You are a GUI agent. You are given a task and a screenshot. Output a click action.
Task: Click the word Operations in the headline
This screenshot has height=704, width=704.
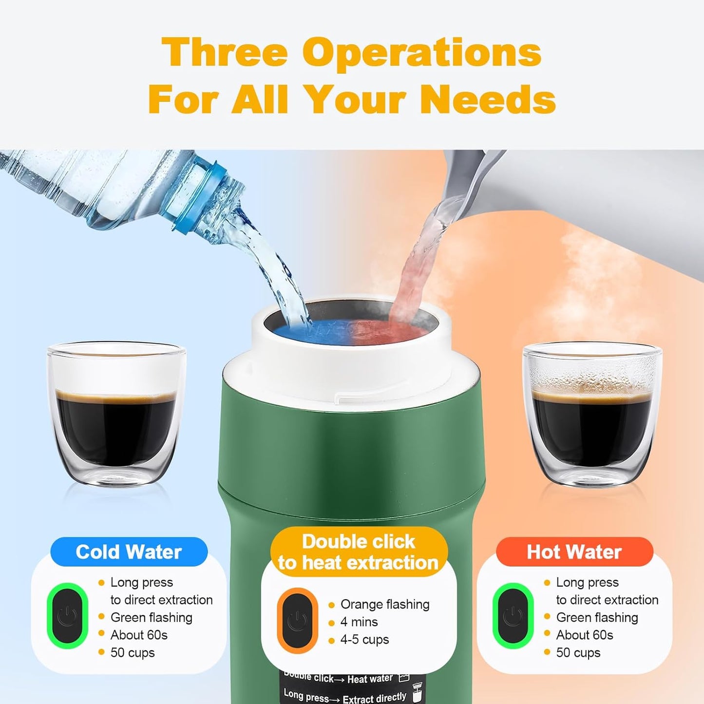click(x=421, y=53)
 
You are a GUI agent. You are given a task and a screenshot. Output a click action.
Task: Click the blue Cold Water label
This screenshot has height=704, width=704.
click(x=129, y=552)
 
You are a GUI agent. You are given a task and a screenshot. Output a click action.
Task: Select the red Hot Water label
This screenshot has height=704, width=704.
click(x=574, y=552)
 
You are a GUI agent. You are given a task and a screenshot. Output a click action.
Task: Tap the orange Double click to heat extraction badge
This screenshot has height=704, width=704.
click(x=359, y=552)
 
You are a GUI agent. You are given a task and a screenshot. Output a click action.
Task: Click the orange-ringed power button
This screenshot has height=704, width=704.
click(x=297, y=620)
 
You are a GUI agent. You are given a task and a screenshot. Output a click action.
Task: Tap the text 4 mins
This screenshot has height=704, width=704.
click(x=359, y=622)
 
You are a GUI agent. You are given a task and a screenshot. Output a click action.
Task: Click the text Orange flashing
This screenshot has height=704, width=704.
click(x=385, y=605)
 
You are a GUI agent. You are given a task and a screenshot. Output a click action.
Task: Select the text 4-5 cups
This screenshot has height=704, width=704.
click(x=364, y=640)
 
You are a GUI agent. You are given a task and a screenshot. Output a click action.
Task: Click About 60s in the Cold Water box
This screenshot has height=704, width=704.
click(x=139, y=635)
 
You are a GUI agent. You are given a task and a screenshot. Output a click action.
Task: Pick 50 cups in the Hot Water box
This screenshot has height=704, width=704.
click(x=578, y=653)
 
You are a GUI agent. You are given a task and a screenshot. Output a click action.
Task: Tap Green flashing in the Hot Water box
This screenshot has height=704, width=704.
click(x=597, y=618)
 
